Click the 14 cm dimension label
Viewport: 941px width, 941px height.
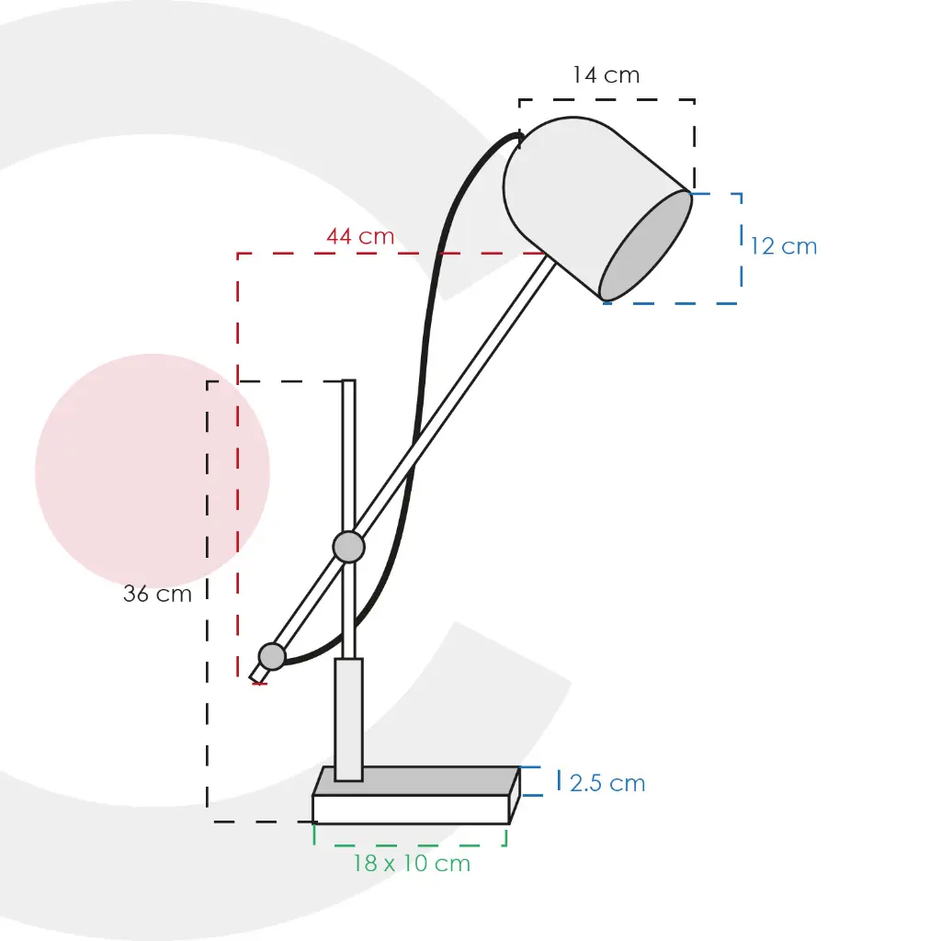pos(607,75)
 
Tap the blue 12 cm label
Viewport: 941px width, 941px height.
pos(784,246)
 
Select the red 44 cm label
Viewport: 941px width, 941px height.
pos(360,236)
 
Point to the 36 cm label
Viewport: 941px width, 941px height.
pos(157,594)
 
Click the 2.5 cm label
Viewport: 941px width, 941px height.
pos(607,783)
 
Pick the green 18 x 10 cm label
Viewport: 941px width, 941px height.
pos(412,863)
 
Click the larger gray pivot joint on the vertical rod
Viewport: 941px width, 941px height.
pos(348,547)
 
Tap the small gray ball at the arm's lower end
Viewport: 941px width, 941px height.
pos(272,656)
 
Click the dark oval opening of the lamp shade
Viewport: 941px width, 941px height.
pos(646,245)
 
